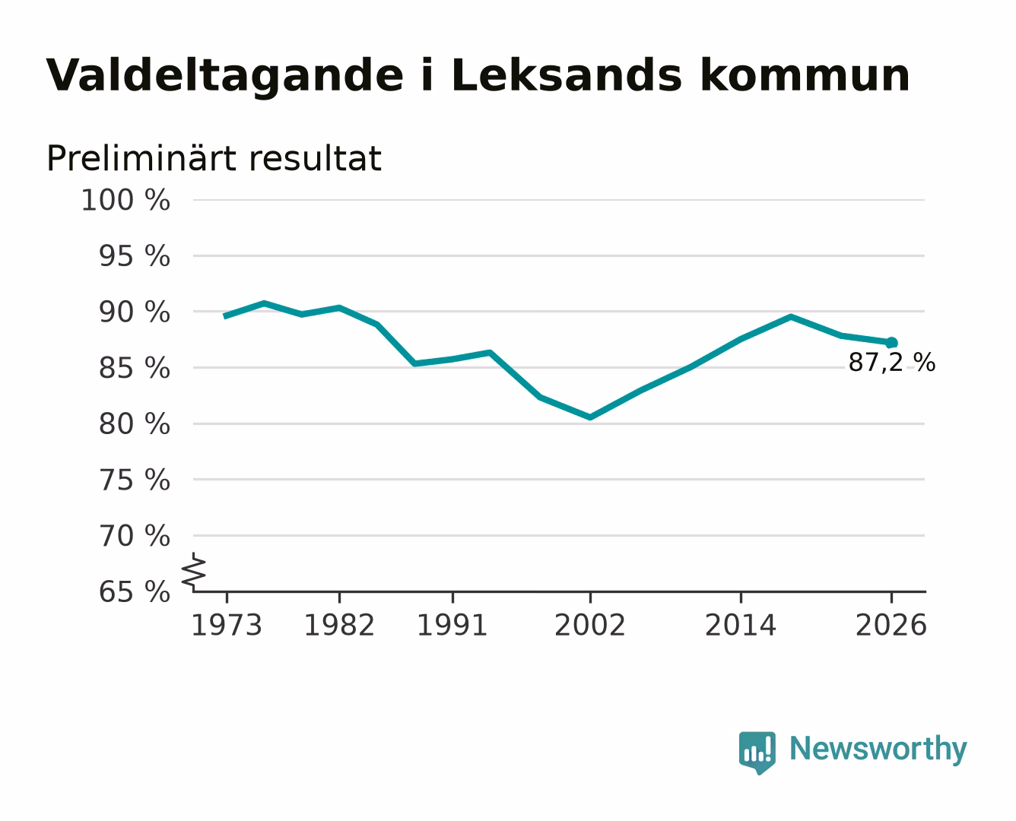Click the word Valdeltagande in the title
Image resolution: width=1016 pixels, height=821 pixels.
(224, 76)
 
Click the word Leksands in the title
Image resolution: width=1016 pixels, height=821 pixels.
(567, 75)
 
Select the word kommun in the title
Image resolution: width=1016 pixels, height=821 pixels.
(805, 75)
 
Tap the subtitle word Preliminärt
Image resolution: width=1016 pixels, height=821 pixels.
(141, 158)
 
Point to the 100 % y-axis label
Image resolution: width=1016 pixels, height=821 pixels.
(125, 200)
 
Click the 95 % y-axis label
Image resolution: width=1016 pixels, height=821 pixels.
(135, 256)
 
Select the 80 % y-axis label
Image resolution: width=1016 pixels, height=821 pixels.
(135, 424)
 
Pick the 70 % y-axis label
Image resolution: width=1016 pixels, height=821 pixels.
(135, 536)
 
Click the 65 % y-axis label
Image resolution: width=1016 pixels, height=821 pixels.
(135, 592)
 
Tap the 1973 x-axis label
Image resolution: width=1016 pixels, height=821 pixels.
(227, 625)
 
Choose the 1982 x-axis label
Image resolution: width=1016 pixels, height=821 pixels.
(339, 625)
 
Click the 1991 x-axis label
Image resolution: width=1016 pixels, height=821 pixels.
(452, 625)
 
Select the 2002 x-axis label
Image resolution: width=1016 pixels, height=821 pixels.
(590, 625)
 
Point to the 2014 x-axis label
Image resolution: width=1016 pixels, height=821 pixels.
(740, 625)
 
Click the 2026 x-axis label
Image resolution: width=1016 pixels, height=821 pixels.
(891, 625)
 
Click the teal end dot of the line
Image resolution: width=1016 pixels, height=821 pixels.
(891, 343)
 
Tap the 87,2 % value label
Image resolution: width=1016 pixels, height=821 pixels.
(891, 363)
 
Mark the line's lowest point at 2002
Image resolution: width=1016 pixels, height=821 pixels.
(590, 417)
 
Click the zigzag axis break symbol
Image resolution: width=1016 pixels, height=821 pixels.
(194, 572)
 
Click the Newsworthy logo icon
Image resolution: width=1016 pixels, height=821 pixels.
(757, 753)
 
